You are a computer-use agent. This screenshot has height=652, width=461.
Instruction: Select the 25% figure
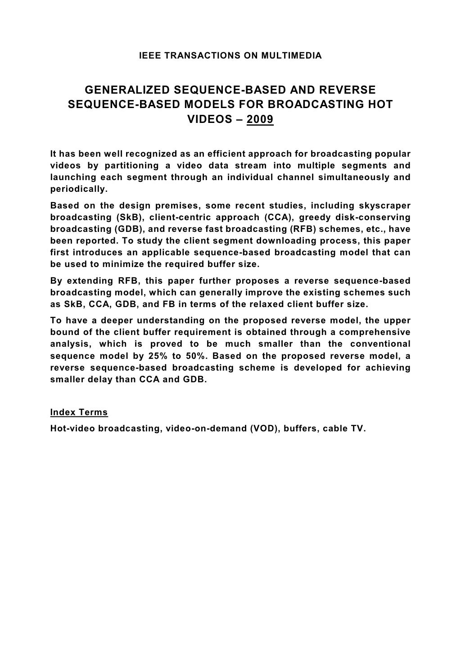click(156, 356)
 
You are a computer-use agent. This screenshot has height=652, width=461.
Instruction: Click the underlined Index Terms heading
click(79, 412)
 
